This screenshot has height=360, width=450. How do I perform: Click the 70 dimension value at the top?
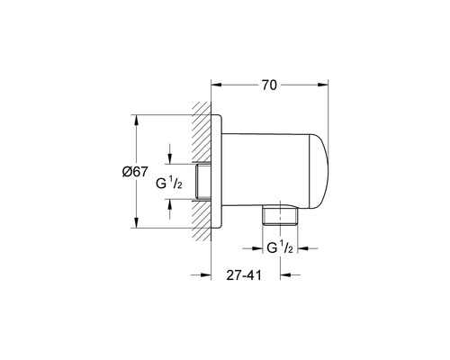coord(269,85)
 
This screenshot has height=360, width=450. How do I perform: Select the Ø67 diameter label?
coord(135,172)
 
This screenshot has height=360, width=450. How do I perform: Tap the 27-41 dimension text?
coord(244,275)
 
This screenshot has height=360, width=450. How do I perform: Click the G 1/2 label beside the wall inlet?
coord(169,183)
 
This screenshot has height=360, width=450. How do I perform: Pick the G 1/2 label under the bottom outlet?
coord(280,247)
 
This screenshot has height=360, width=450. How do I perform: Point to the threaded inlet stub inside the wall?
coord(203,181)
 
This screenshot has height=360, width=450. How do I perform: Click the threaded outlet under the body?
coord(280,215)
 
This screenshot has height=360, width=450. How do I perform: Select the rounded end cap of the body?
coord(319,171)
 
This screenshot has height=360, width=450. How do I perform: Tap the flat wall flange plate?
coord(217,171)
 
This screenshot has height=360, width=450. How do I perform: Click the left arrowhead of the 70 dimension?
coord(216,85)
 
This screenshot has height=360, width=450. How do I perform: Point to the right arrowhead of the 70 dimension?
coord(323,85)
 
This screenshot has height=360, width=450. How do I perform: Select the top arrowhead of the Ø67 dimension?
coord(136,120)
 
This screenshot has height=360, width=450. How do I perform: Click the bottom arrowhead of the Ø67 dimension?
coord(136,222)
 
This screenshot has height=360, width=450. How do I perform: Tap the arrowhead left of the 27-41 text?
coord(206,274)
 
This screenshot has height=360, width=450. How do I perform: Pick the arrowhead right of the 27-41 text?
coord(285,274)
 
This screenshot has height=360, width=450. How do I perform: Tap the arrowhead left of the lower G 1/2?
coord(257,248)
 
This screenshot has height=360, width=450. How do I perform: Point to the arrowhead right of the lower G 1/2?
coord(302,248)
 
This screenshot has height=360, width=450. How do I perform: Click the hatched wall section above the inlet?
coord(202,132)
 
